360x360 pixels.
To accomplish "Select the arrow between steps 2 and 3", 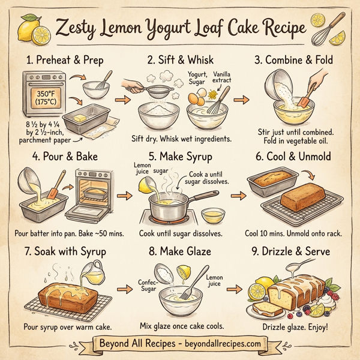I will coord(240,100).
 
